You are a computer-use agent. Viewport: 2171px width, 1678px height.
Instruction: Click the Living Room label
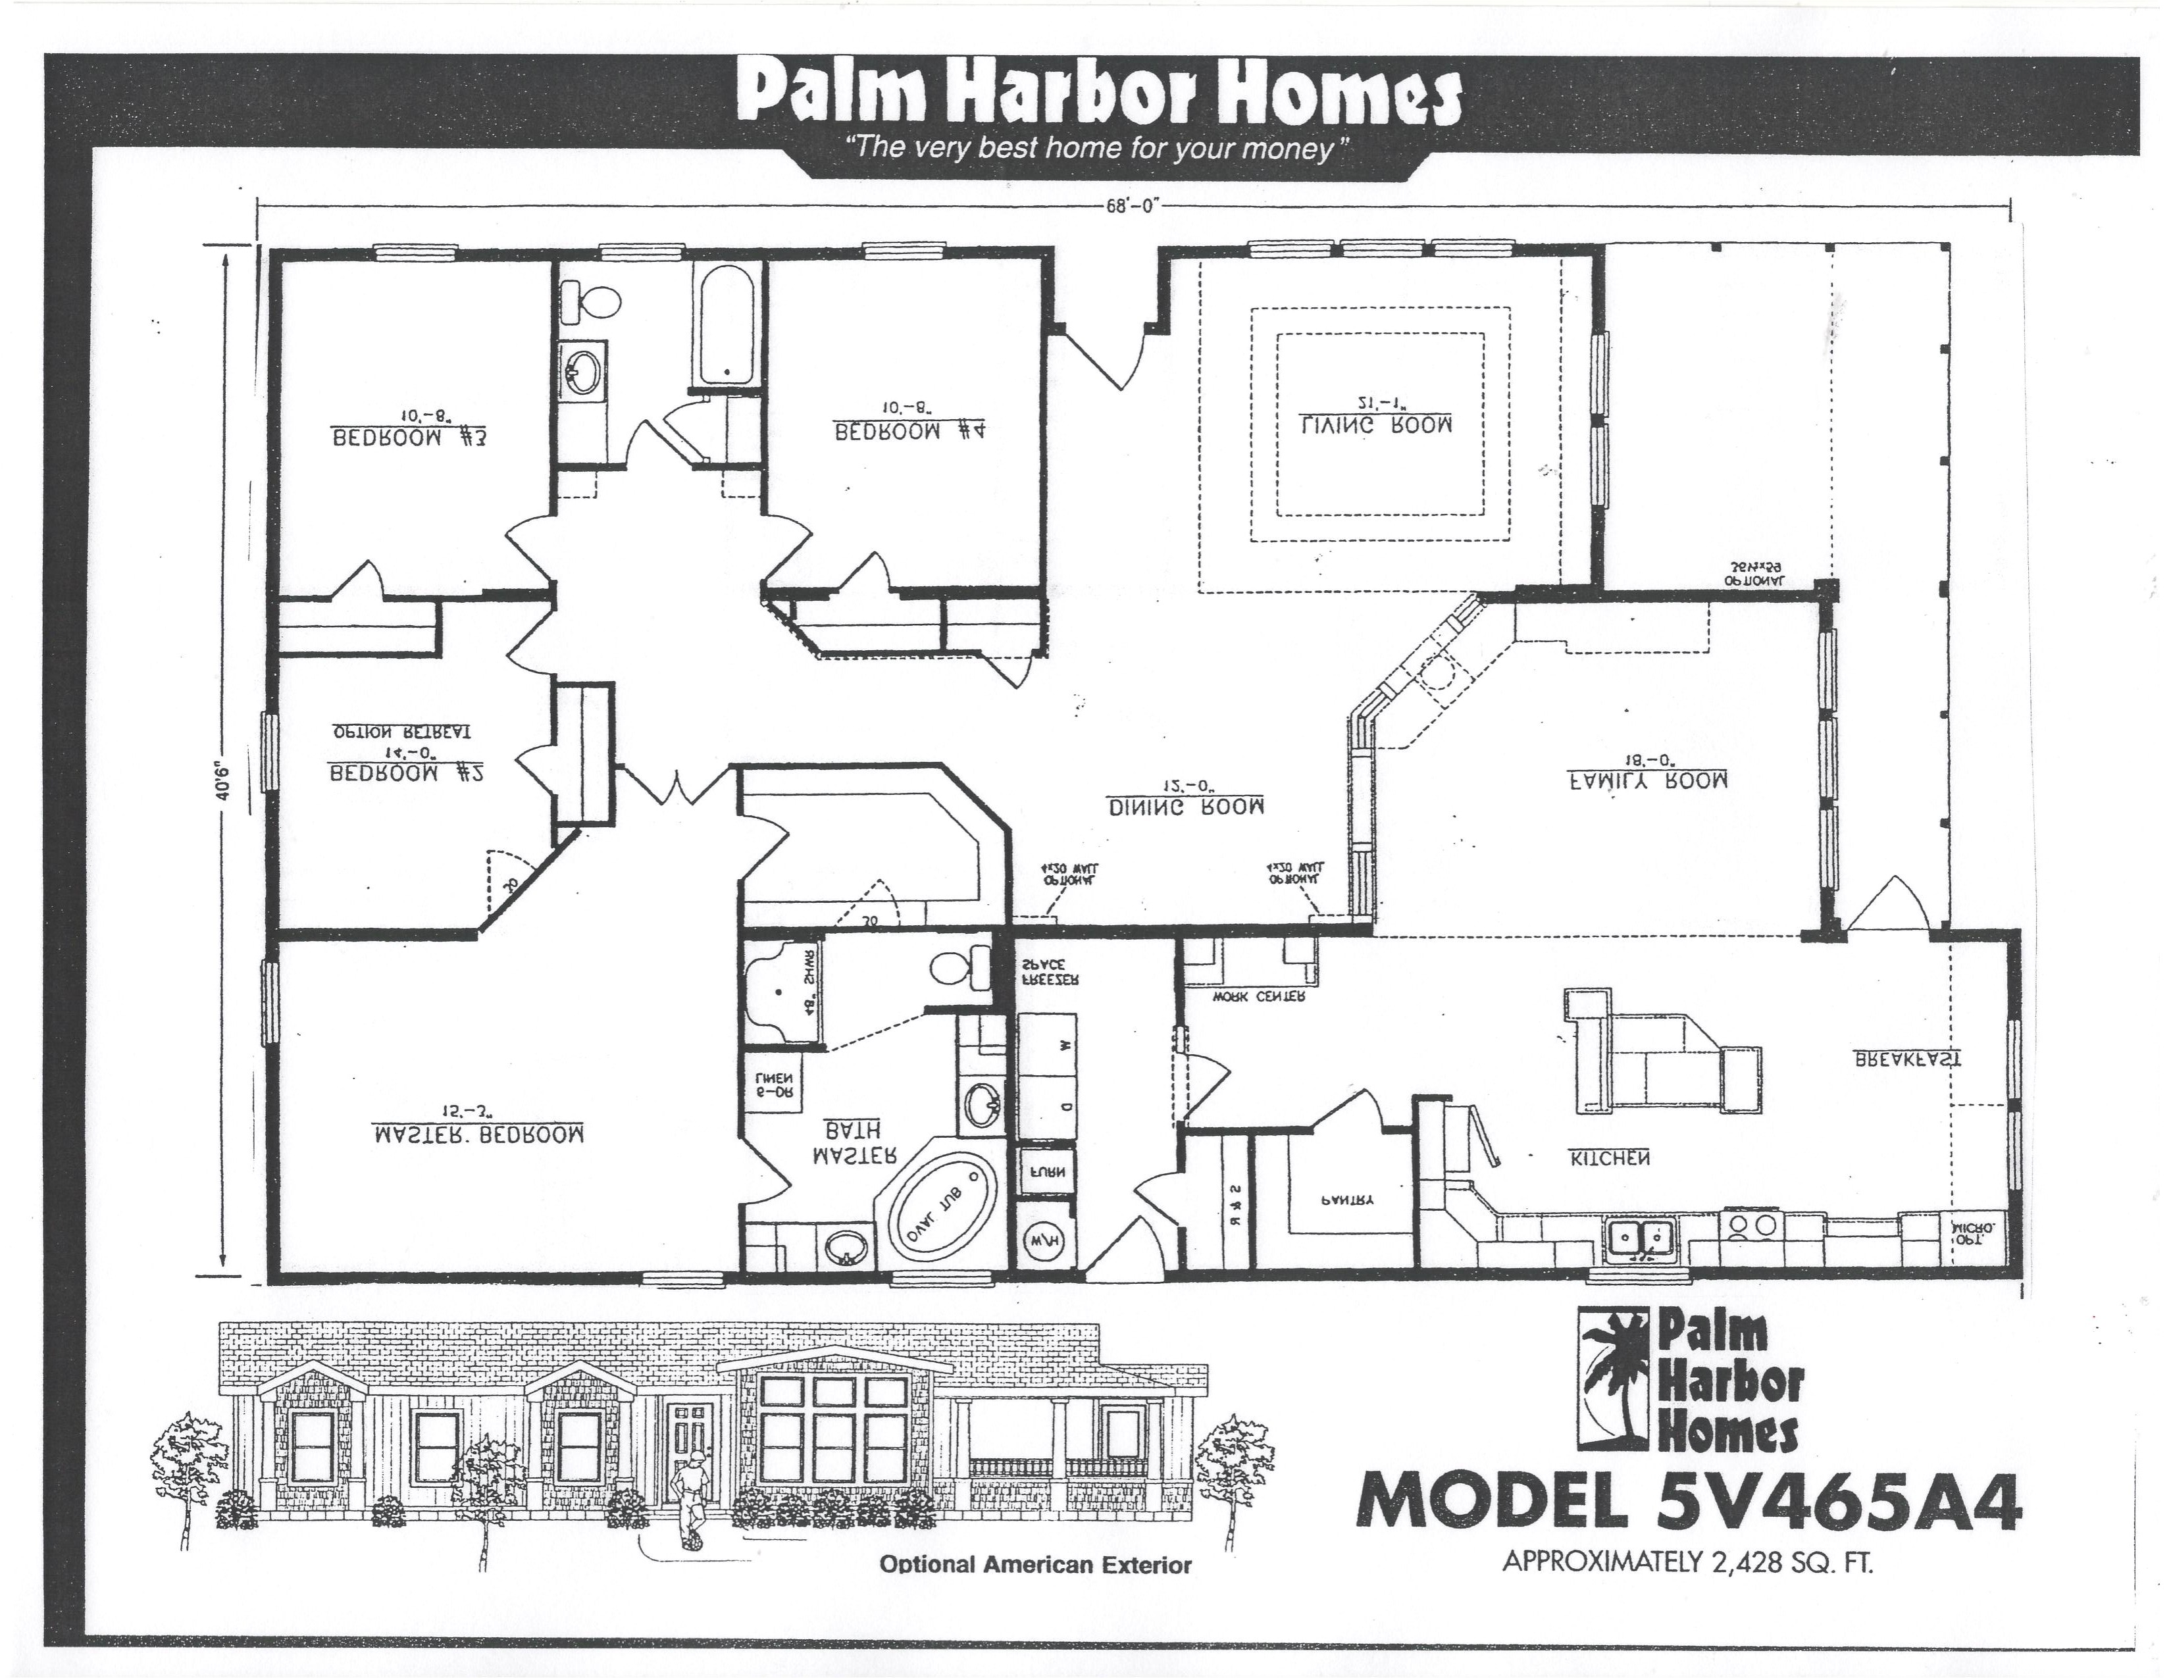point(1377,424)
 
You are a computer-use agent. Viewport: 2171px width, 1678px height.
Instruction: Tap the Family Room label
point(1647,781)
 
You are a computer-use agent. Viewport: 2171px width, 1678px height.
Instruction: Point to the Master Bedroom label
point(478,1135)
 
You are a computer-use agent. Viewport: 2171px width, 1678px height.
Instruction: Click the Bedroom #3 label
point(409,438)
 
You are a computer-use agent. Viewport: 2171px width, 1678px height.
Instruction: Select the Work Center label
point(1258,996)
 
